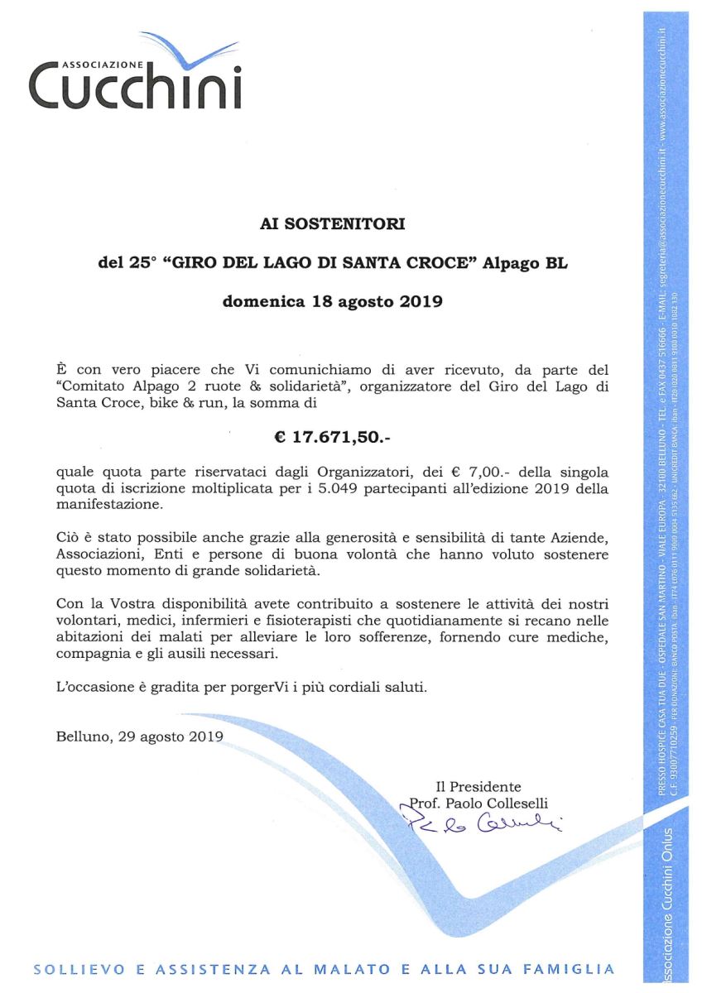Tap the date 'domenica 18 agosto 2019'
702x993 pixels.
[x=333, y=302]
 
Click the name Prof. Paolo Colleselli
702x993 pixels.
[x=479, y=803]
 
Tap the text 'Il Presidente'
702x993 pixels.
[x=478, y=786]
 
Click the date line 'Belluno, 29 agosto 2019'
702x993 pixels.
[x=140, y=735]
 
